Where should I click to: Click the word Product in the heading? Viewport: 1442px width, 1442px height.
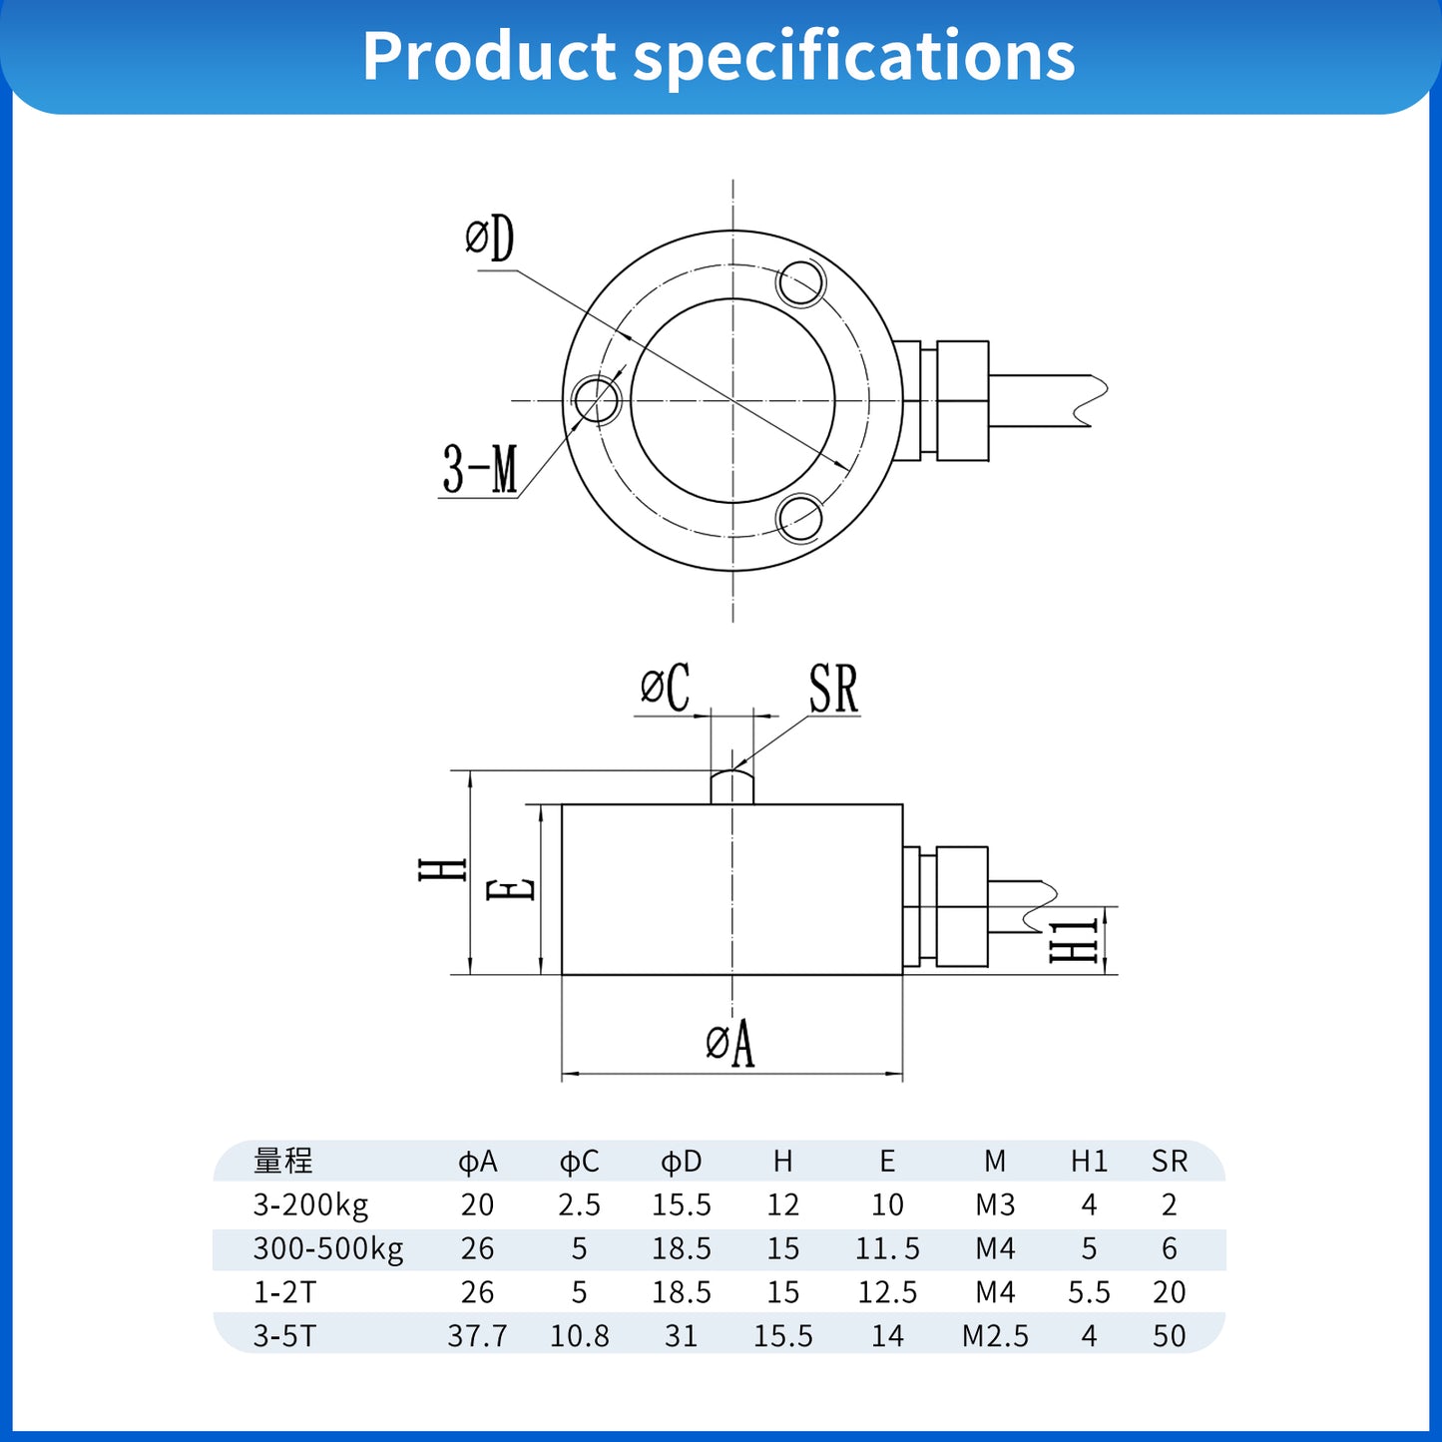coord(489,56)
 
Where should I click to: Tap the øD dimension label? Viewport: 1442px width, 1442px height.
coord(490,240)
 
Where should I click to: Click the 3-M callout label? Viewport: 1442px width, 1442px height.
coord(480,469)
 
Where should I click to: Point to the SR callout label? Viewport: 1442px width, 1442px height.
coord(833,690)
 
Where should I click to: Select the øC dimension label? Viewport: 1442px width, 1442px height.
coord(666,688)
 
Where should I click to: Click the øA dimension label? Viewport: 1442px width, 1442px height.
coord(730,1044)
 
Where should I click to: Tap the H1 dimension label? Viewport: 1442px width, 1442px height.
coord(1074,941)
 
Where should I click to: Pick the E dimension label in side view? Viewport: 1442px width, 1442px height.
coord(511,889)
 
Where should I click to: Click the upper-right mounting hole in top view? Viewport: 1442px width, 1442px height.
coord(800,283)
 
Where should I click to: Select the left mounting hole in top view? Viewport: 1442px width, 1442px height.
coord(597,399)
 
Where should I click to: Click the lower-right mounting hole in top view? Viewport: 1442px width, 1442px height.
coord(799,518)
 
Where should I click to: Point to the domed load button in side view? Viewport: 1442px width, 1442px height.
coord(732,785)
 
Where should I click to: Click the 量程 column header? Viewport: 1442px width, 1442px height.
coord(283,1161)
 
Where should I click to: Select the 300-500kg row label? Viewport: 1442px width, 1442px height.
coord(328,1248)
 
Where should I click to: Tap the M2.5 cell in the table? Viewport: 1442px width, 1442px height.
coord(995,1336)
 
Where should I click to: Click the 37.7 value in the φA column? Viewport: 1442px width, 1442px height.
coord(477,1336)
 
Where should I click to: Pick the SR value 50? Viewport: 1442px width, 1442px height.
coord(1169,1336)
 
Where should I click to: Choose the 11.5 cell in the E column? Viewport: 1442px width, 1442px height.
coord(887,1248)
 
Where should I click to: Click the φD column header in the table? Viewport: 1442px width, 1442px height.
coord(682,1161)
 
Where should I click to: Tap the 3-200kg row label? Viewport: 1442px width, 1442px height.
coord(310,1204)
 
